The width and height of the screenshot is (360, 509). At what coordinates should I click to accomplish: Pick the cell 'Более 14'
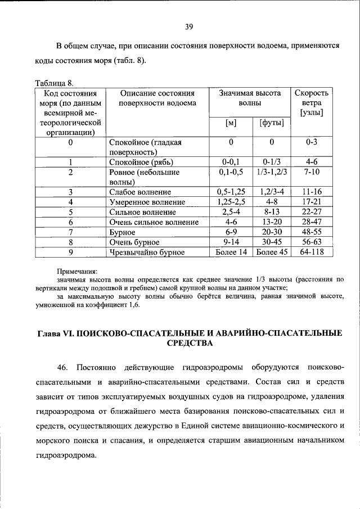231,252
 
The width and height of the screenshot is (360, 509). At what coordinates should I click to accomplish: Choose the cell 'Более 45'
271,252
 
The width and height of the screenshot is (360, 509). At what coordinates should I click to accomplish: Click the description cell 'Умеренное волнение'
147,202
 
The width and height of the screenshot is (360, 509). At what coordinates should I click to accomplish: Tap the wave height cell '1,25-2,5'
231,202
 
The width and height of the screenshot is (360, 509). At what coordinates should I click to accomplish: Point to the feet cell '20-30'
271,232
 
